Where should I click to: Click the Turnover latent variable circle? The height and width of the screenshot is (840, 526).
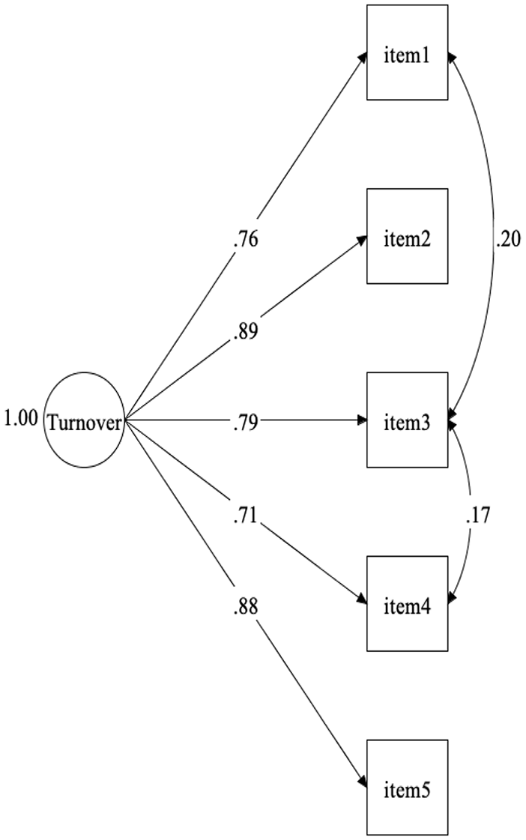[x=83, y=421]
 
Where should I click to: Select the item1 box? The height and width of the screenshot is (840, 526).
[x=407, y=52]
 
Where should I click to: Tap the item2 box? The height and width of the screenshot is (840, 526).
[x=407, y=236]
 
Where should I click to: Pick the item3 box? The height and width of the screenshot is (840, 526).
[x=407, y=420]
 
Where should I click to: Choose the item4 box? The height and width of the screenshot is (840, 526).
[x=407, y=603]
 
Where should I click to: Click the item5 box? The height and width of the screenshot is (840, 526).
[x=407, y=787]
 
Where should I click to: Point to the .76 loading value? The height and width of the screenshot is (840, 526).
[x=247, y=241]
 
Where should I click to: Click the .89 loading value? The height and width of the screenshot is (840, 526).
[x=247, y=330]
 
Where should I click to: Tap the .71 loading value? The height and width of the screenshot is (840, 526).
[x=247, y=516]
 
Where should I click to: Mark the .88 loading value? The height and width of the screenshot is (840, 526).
[x=247, y=606]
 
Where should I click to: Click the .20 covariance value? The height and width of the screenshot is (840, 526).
[x=507, y=239]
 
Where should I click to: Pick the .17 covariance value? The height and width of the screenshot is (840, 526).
[x=477, y=516]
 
